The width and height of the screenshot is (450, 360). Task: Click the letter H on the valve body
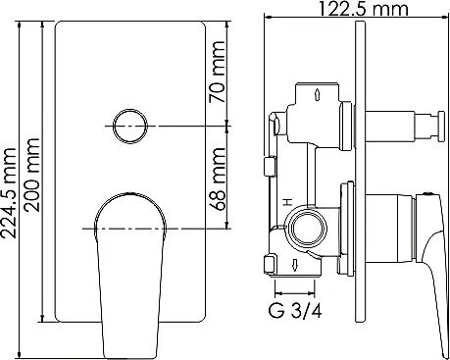point(285,200)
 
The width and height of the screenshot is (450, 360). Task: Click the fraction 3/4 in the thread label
point(310,314)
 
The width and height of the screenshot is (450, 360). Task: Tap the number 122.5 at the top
point(345,10)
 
